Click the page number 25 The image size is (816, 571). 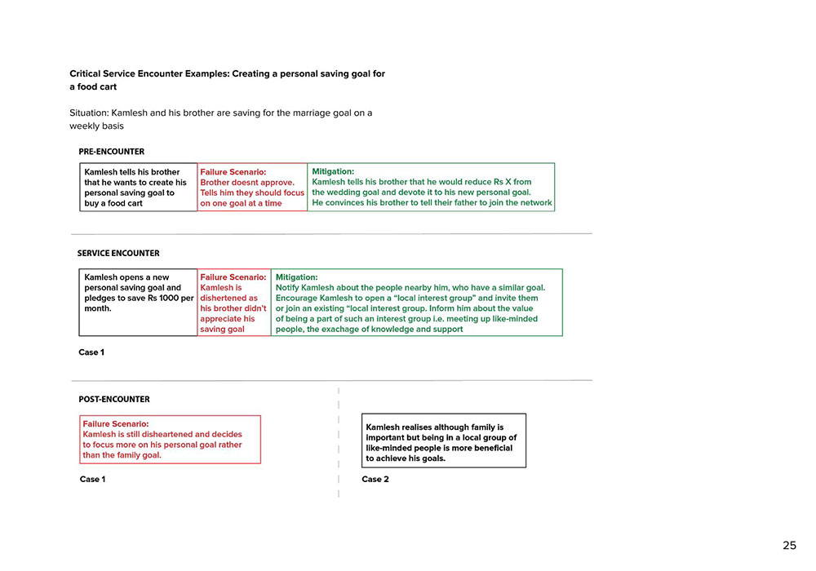click(x=789, y=546)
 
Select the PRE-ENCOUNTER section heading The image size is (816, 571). click(x=111, y=152)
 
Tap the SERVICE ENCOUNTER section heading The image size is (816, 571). click(x=118, y=254)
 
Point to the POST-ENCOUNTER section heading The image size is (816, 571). click(x=114, y=400)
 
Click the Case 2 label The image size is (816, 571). click(x=375, y=480)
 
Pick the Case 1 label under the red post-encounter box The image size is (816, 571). click(x=92, y=480)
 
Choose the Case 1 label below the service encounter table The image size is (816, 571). click(x=91, y=352)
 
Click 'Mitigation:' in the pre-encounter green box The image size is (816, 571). click(x=333, y=172)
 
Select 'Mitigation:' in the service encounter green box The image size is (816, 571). click(x=296, y=277)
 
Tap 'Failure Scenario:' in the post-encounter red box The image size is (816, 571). click(x=115, y=424)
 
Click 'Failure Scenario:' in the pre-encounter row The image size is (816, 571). click(x=233, y=172)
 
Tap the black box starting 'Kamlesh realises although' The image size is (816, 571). click(x=444, y=440)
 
